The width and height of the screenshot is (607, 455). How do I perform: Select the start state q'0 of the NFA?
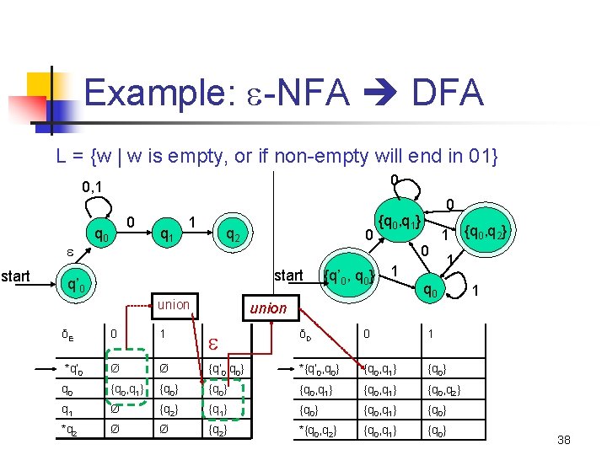(78, 284)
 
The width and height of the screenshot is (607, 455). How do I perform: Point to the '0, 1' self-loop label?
(98, 185)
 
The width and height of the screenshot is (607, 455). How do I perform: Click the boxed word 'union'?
(174, 304)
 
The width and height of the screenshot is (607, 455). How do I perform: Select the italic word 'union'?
(268, 308)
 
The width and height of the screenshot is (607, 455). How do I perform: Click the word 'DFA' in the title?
(447, 93)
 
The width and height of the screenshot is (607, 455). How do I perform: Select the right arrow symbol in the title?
(380, 94)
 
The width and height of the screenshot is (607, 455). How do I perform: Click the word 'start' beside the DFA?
(288, 275)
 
